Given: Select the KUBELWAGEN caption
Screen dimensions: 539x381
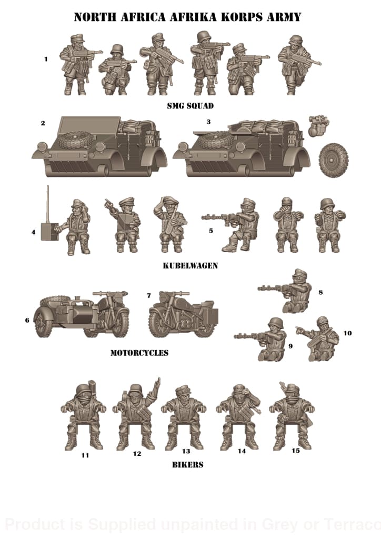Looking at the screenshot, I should click(x=190, y=266).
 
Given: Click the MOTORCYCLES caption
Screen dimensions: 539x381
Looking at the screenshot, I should click(x=139, y=353).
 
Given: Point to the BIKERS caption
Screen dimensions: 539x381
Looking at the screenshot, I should click(x=187, y=465).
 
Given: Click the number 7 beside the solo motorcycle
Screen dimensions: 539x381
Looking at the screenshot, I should click(x=149, y=296).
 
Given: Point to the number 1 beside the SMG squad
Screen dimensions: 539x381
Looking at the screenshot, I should click(x=46, y=59).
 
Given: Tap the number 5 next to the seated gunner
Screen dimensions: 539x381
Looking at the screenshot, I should click(x=210, y=231).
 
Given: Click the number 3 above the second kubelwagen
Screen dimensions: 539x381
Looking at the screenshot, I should click(x=208, y=122).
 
